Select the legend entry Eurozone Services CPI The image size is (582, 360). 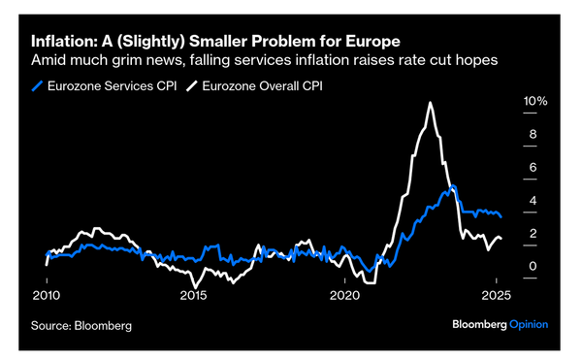click(113, 84)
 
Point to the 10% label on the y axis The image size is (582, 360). click(535, 102)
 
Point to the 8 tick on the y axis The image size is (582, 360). click(530, 135)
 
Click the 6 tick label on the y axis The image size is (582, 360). click(530, 168)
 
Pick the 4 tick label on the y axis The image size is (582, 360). click(530, 201)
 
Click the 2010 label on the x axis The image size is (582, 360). click(47, 295)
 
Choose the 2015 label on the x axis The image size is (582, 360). click(196, 295)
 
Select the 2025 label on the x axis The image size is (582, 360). click(496, 295)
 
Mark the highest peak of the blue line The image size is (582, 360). click(453, 186)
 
